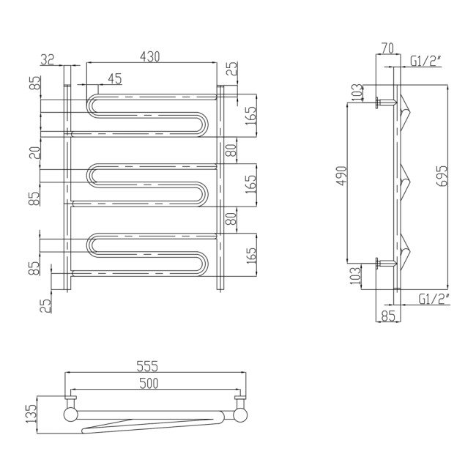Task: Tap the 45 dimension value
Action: tap(114, 78)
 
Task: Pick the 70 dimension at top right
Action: tap(387, 48)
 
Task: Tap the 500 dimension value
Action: tap(148, 383)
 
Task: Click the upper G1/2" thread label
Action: tap(425, 62)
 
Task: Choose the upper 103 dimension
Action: tap(357, 92)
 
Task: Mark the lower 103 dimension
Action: tap(357, 275)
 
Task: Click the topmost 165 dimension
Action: tap(251, 115)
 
